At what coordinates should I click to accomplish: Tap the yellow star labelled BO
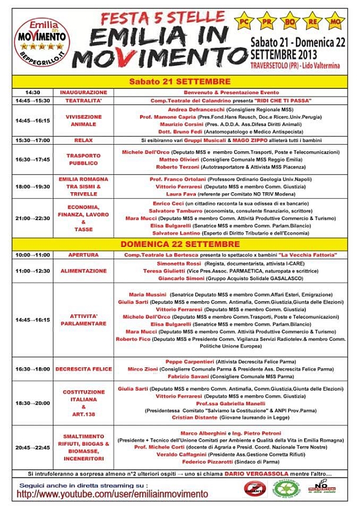tap(289, 22)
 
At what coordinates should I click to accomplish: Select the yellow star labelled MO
tap(334, 22)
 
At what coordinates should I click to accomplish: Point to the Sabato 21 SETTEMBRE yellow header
tap(180, 82)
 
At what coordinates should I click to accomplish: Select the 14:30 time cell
tap(33, 93)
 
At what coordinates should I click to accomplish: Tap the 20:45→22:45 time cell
tap(33, 447)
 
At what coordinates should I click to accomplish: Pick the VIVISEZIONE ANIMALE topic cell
tap(83, 121)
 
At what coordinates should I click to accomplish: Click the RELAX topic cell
tap(83, 141)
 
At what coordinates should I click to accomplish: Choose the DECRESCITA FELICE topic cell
tap(83, 369)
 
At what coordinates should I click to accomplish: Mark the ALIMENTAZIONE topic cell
tap(83, 271)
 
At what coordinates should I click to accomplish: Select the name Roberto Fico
tap(132, 339)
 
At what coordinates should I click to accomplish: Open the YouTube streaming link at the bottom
tap(112, 495)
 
